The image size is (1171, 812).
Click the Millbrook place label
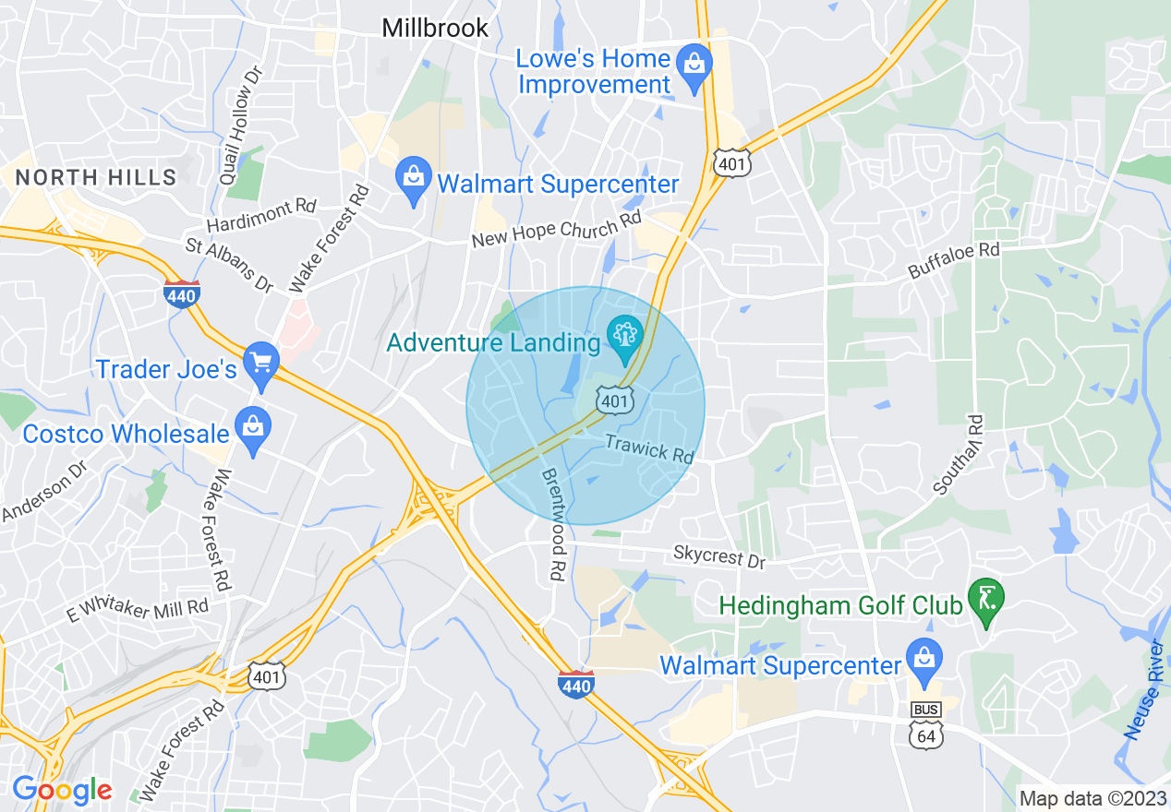[x=435, y=29]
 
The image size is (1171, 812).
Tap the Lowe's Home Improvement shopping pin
[x=692, y=66]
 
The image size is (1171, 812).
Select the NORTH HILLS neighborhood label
[x=96, y=177]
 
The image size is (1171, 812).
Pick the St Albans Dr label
[x=230, y=264]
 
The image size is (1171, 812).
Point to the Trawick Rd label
[x=649, y=448]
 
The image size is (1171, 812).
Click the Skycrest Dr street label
[x=719, y=556]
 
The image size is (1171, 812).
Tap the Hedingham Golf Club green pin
[x=986, y=601]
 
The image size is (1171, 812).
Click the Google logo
[x=61, y=789]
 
